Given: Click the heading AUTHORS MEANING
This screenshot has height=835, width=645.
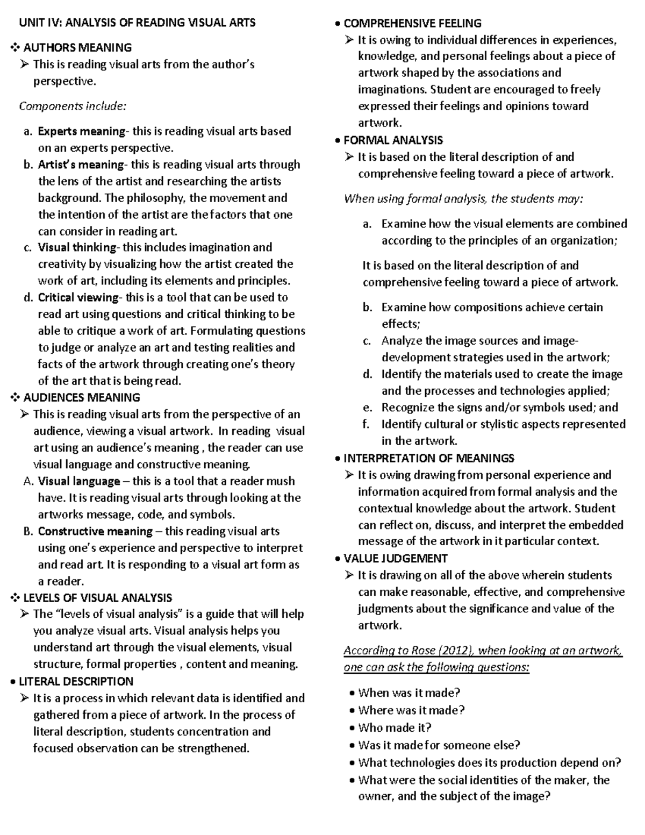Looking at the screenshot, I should (x=77, y=48).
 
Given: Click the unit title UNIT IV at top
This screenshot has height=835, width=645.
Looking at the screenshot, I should (x=137, y=23).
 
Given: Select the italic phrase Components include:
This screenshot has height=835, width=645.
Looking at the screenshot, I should (x=73, y=106).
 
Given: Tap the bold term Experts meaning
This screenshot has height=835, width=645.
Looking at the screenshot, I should (x=81, y=131).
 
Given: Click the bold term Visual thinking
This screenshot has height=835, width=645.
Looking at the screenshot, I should (x=77, y=247).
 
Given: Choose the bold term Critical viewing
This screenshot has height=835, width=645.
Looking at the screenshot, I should (x=78, y=297).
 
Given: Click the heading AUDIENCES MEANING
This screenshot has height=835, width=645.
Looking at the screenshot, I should (x=82, y=398).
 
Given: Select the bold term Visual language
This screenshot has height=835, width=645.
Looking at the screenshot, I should (x=79, y=481).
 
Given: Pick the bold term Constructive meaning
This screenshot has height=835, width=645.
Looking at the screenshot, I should (x=95, y=531).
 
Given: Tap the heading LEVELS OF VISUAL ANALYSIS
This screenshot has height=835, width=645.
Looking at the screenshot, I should (x=98, y=598).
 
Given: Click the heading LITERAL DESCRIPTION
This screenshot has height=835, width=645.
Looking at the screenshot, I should (x=76, y=682).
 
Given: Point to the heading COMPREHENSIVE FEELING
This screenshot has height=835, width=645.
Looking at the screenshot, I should (x=412, y=23).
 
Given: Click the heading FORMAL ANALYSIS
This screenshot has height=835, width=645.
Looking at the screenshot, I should (x=393, y=140).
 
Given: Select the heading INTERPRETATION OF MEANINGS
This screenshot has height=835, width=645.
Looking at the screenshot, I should (x=428, y=458).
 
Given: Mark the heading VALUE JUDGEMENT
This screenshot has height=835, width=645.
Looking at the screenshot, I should (x=395, y=558).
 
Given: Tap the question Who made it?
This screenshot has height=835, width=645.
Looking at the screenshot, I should (x=395, y=727).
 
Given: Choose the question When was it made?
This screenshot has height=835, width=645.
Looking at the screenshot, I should (x=409, y=693).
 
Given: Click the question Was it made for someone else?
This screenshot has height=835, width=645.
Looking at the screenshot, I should (x=439, y=745).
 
